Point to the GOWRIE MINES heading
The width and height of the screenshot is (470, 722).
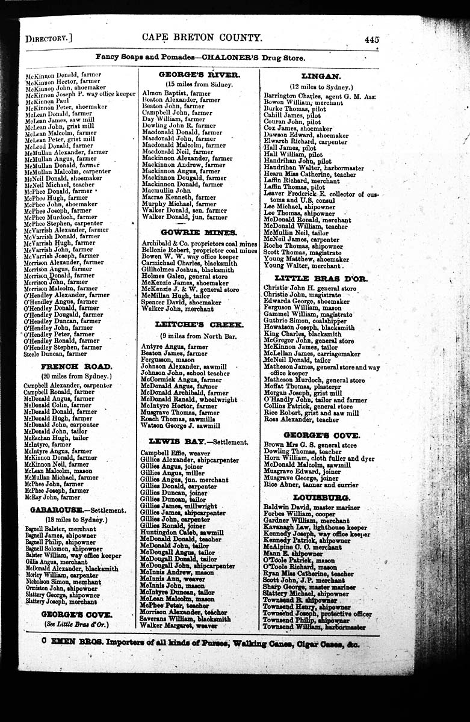pyautogui.click(x=199, y=232)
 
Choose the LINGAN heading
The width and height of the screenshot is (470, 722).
pyautogui.click(x=321, y=76)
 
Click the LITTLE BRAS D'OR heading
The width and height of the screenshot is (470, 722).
pyautogui.click(x=320, y=279)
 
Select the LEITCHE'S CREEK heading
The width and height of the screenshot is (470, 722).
pyautogui.click(x=199, y=325)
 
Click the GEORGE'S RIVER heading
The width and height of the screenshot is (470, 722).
pyautogui.click(x=199, y=75)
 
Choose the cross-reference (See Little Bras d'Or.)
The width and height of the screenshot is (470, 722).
pyautogui.click(x=76, y=625)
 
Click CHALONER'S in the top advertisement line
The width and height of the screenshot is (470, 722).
pyautogui.click(x=233, y=58)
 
